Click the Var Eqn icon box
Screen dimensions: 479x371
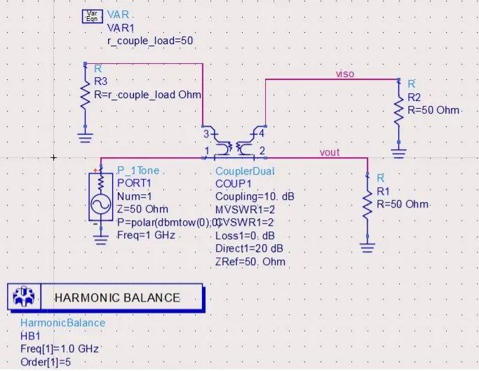93,17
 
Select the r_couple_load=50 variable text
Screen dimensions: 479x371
150,41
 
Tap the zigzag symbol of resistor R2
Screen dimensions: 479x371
398,111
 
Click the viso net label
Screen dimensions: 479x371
345,74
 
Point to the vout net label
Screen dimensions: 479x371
330,152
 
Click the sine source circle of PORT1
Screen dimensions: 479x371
101,204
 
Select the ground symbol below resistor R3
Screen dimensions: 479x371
86,137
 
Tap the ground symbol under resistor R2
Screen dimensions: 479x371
398,154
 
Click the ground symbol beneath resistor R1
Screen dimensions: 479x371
367,248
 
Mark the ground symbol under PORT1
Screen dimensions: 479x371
101,240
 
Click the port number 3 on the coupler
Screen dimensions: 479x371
206,134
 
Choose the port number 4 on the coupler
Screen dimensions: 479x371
262,133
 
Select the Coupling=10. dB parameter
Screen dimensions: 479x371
255,196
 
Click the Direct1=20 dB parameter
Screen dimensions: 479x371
249,248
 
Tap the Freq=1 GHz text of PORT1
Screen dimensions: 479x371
147,235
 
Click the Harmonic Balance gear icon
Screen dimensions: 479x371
24,297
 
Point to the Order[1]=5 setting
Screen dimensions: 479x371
46,362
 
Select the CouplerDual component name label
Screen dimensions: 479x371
245,171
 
